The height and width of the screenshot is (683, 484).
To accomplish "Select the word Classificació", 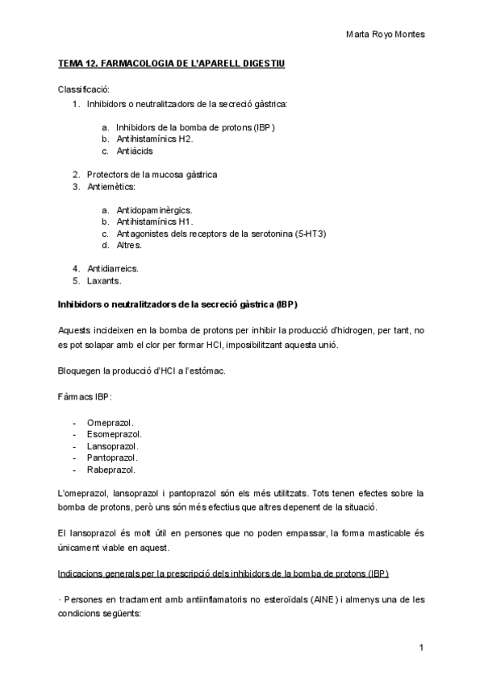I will [x=84, y=89].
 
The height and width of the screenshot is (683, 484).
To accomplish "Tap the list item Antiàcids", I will [x=134, y=151].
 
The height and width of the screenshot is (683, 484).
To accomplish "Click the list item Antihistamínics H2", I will [x=154, y=139].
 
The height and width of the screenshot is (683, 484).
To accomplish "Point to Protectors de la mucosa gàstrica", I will [x=152, y=174].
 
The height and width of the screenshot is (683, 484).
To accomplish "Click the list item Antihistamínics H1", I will [x=154, y=221].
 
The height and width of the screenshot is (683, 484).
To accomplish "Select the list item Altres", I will [x=129, y=245].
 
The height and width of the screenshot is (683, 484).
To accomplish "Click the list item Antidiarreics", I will [x=112, y=268].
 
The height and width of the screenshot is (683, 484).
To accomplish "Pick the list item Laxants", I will [x=104, y=280].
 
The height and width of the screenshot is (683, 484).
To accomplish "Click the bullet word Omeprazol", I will [x=110, y=422].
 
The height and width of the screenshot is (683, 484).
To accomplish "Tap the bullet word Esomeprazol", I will [x=113, y=434].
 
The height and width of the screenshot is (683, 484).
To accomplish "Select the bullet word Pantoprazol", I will [x=112, y=457].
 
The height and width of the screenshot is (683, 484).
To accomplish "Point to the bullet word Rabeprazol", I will [x=111, y=470].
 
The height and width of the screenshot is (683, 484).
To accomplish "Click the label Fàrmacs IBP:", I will [x=85, y=398].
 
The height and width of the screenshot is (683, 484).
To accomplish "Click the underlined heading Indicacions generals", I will [x=223, y=574].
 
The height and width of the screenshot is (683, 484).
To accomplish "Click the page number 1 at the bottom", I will [x=421, y=648].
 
